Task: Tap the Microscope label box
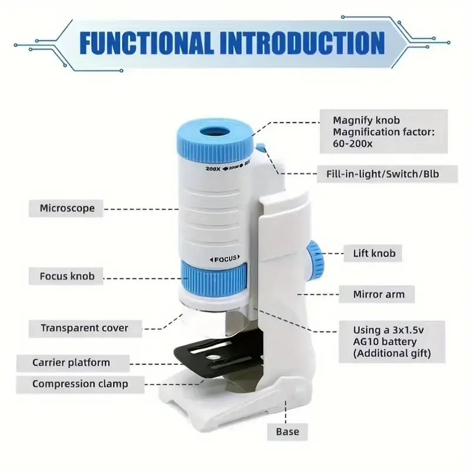pos(66,208)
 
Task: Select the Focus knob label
pos(66,276)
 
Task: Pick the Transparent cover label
pos(85,329)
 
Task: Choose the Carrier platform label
pos(73,363)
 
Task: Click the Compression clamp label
pos(80,384)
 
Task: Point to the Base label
pos(287,432)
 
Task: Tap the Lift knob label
pos(373,253)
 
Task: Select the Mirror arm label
pos(377,294)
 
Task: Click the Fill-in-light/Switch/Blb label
pos(387,174)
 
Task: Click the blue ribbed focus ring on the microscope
pos(214,276)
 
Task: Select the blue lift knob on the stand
pos(316,260)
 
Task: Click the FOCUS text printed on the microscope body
pos(225,259)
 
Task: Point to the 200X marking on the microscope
pos(213,168)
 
